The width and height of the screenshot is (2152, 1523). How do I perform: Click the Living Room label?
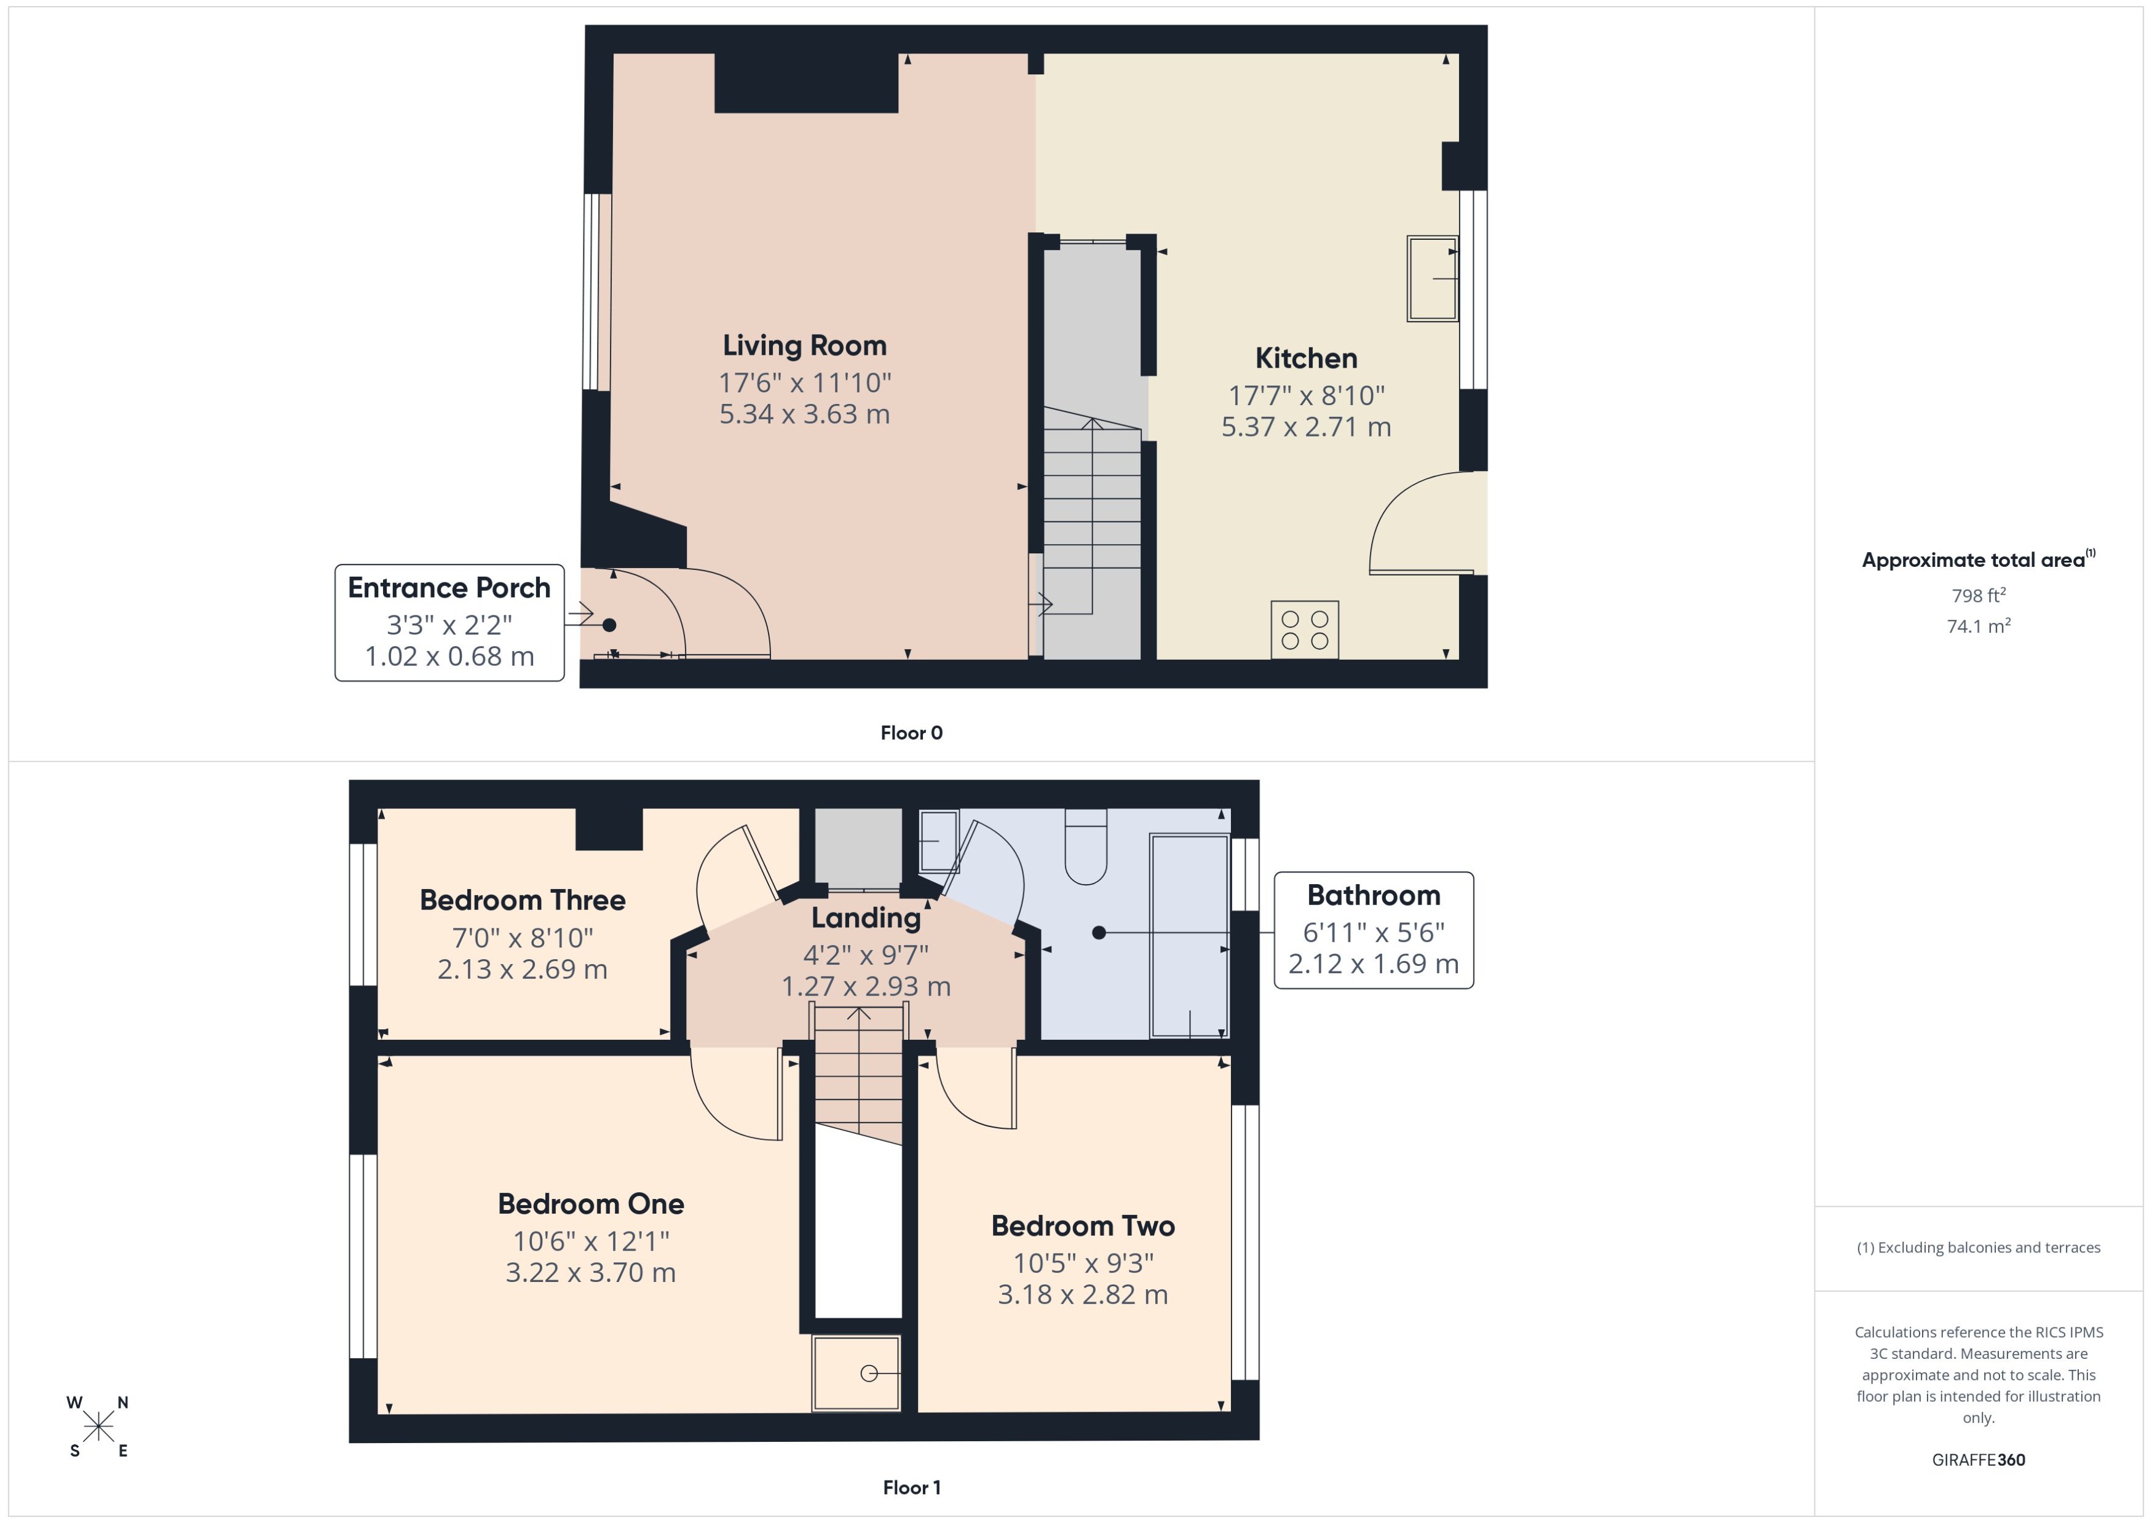coord(804,345)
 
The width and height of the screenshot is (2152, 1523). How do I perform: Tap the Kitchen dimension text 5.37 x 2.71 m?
coord(1305,427)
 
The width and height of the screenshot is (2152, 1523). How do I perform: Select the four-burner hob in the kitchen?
coord(1304,630)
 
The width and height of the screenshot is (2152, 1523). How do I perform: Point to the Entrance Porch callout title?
coord(449,588)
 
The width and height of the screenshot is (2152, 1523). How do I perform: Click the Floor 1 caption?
coord(911,1487)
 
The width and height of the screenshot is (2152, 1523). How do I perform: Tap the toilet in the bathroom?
coord(1086,849)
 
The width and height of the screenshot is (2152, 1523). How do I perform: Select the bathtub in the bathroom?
coord(1189,936)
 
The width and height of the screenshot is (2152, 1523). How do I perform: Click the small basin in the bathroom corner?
coord(938,841)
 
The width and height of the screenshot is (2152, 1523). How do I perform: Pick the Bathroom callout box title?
coord(1373,896)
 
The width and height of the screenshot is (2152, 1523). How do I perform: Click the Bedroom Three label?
coord(522,900)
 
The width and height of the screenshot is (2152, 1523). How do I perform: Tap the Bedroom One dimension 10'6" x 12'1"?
coord(591,1241)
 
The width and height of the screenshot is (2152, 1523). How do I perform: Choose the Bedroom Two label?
coord(1082,1225)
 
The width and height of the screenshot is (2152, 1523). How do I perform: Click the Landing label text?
coord(866,918)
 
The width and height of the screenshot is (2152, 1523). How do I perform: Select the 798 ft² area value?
coord(1977,596)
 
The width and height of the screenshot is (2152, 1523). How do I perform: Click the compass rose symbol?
coord(98,1427)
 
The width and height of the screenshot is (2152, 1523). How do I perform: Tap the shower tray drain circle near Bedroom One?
coord(868,1374)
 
